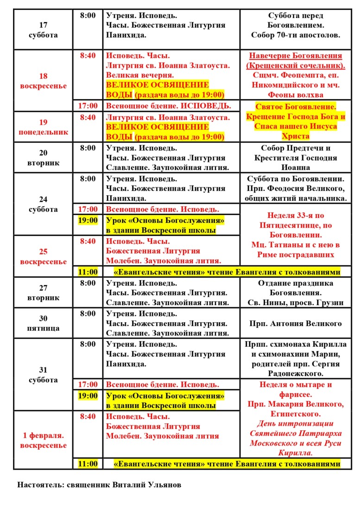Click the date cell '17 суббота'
[x=43, y=30]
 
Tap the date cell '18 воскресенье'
[x=43, y=81]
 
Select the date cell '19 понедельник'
[x=43, y=127]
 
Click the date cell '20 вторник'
[x=43, y=158]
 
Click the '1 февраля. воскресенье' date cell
[x=43, y=440]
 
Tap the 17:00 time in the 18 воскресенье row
[x=88, y=106]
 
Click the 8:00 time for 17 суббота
[x=88, y=15]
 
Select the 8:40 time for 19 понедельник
[x=88, y=118]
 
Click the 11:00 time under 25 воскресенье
[x=88, y=272]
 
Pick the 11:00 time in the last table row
[x=88, y=464]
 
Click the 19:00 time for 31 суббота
[x=88, y=395]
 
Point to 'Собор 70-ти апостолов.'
[x=295, y=35]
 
